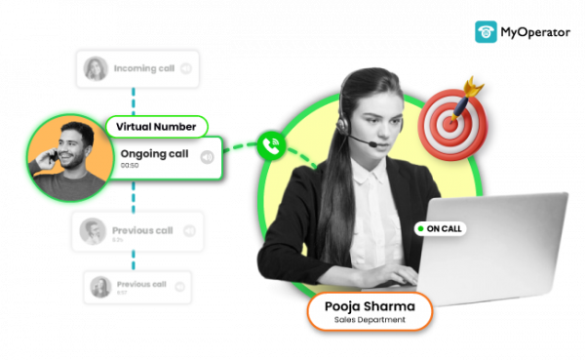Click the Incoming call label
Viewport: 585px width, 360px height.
click(144, 68)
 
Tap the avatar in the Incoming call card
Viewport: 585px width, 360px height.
click(96, 68)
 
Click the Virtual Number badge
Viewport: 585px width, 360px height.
click(156, 127)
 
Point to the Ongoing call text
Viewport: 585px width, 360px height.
click(153, 154)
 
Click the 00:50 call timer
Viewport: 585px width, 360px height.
click(130, 167)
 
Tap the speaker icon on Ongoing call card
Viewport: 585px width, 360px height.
click(207, 157)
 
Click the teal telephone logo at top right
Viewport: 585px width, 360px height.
click(486, 32)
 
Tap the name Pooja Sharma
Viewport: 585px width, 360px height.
click(370, 306)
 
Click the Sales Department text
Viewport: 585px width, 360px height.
click(370, 321)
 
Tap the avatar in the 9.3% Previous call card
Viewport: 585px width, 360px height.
click(93, 231)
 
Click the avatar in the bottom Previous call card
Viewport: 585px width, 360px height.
click(99, 287)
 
